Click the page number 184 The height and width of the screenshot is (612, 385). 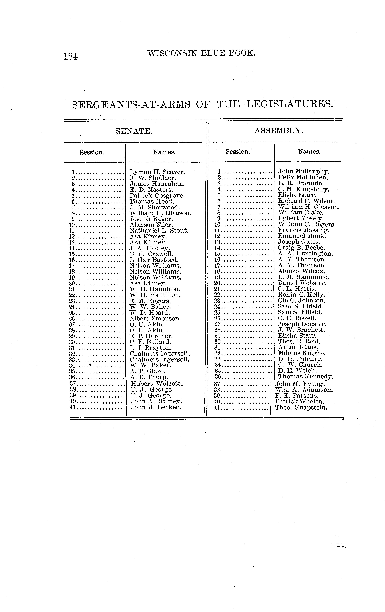(x=71, y=56)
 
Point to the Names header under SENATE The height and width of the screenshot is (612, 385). (x=164, y=152)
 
